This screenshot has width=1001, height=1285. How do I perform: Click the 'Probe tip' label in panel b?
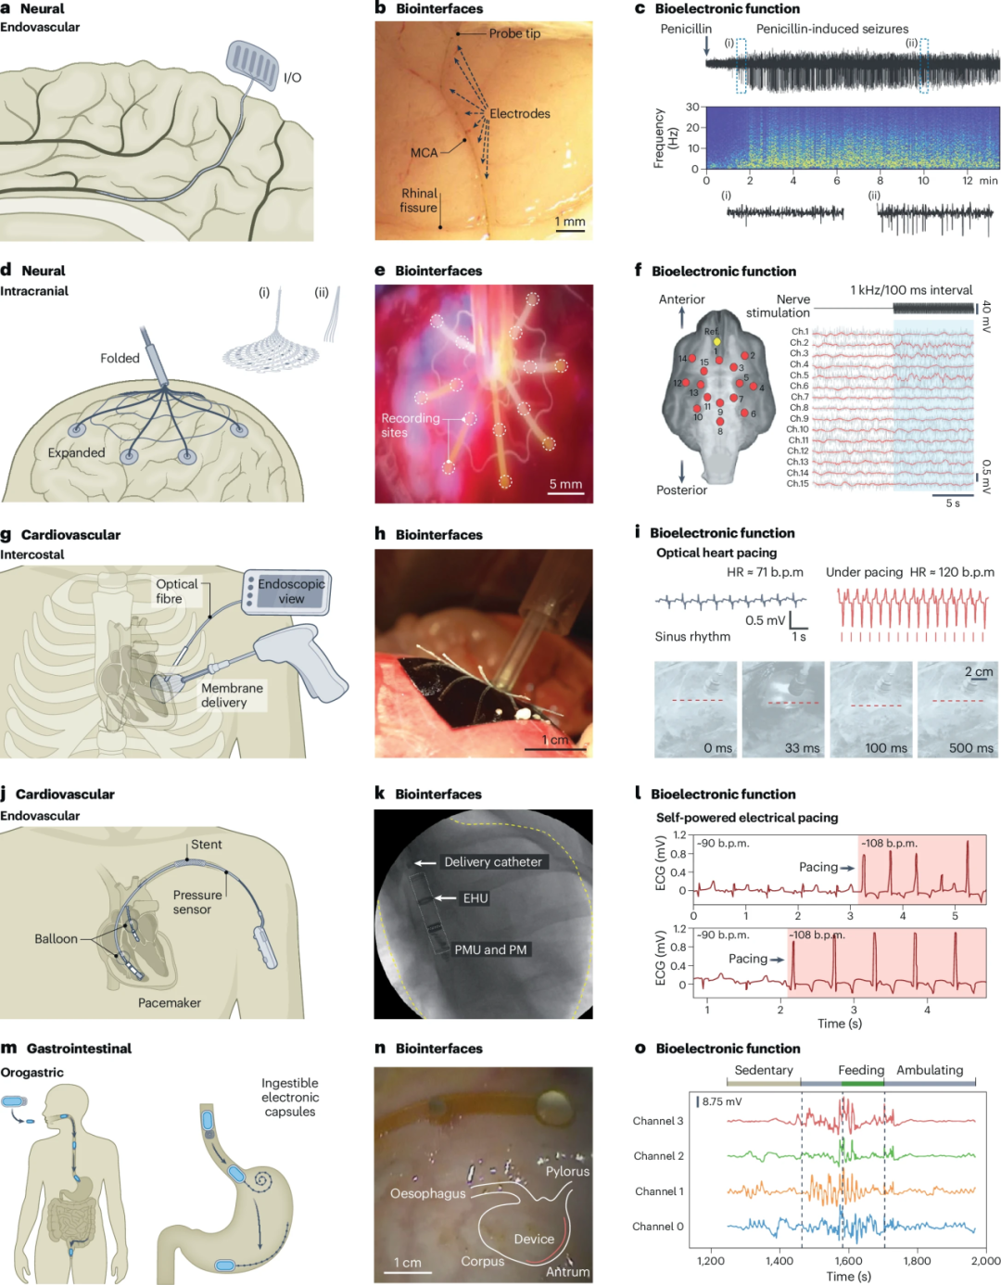coord(514,33)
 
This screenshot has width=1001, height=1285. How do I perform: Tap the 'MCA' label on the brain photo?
coord(424,153)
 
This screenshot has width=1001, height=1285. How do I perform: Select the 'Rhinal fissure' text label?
coord(419,200)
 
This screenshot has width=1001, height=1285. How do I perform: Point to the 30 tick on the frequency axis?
coord(692,107)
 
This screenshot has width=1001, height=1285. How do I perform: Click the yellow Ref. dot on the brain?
coord(716,341)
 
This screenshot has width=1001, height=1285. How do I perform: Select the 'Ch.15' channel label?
coord(797,483)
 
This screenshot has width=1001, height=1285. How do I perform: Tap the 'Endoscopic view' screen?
coord(291,592)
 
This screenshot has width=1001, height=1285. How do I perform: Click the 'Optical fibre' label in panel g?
coord(176,592)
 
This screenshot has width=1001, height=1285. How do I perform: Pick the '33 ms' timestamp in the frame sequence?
coord(802,748)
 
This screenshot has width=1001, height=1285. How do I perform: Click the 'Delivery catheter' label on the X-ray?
coord(493,862)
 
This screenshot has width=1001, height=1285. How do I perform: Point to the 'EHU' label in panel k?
coord(475,898)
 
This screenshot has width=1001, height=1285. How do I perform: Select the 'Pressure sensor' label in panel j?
coord(196,902)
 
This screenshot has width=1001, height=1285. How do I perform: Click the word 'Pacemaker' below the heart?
coord(170,1003)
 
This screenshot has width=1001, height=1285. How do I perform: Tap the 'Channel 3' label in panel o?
coord(658,1121)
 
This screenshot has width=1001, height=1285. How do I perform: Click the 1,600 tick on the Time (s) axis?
coord(848,1261)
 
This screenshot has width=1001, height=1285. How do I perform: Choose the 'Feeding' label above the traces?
coord(861,1070)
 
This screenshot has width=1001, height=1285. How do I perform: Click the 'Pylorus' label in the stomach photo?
coord(567,1171)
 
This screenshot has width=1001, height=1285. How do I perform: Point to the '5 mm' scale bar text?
coord(565,484)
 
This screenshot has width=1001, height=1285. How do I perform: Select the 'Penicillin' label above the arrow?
coord(686,29)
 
